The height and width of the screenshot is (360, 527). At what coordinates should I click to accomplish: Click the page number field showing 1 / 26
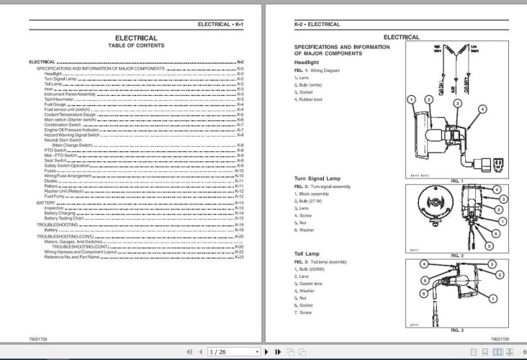point(232,352)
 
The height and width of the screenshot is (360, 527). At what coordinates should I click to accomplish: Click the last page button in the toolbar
point(277,352)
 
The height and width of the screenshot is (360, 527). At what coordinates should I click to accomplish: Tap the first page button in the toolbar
point(189,352)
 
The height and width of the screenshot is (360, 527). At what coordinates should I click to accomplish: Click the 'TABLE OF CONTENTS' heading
point(136,45)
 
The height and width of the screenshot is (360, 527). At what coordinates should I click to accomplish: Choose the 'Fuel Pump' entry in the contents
point(55,197)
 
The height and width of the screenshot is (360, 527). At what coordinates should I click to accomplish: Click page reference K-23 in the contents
point(240,257)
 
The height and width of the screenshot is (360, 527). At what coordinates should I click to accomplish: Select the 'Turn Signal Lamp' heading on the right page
point(317,178)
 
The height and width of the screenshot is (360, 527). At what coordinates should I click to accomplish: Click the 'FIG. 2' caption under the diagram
point(457,255)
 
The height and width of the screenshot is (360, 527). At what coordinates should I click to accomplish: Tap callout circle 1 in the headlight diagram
point(410,99)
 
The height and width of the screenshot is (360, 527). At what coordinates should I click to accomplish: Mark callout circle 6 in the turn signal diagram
point(496,234)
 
